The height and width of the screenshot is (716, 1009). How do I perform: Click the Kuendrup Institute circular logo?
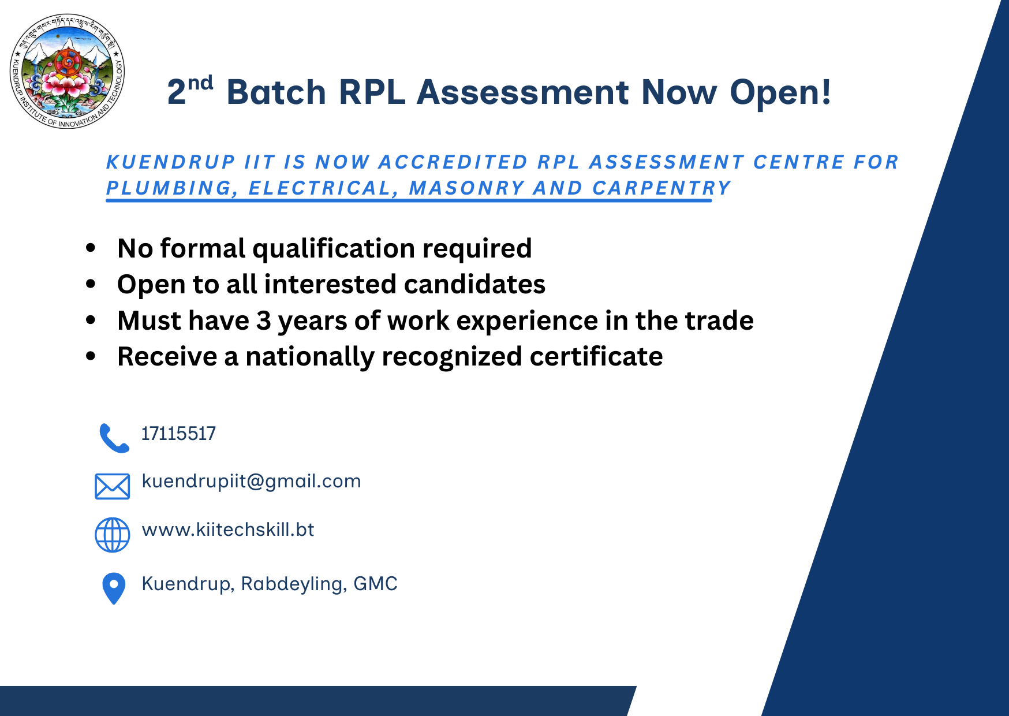68,71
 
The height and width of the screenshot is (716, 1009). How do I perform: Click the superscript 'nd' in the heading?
200,84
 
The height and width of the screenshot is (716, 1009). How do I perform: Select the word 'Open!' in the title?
780,92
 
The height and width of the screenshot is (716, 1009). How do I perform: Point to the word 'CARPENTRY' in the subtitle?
662,188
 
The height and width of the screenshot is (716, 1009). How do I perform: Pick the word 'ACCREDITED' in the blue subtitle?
453,162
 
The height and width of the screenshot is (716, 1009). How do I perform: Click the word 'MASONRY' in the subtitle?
467,188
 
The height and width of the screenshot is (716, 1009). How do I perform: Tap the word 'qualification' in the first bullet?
334,249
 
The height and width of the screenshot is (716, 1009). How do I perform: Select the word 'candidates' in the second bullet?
474,284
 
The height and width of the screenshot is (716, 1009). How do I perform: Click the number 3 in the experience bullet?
264,320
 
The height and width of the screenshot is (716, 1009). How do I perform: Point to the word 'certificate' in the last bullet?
596,356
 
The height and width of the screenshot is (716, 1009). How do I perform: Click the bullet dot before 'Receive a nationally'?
91,356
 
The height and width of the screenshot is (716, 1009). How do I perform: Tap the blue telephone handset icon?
114,438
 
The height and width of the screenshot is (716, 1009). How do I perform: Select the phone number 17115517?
178,434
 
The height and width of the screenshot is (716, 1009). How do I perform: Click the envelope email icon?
112,486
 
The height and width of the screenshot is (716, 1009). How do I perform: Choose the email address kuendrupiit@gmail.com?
251,482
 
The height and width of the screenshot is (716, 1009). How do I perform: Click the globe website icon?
112,535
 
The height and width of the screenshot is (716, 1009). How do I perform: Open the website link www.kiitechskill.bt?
228,529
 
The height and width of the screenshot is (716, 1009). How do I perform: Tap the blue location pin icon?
114,588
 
